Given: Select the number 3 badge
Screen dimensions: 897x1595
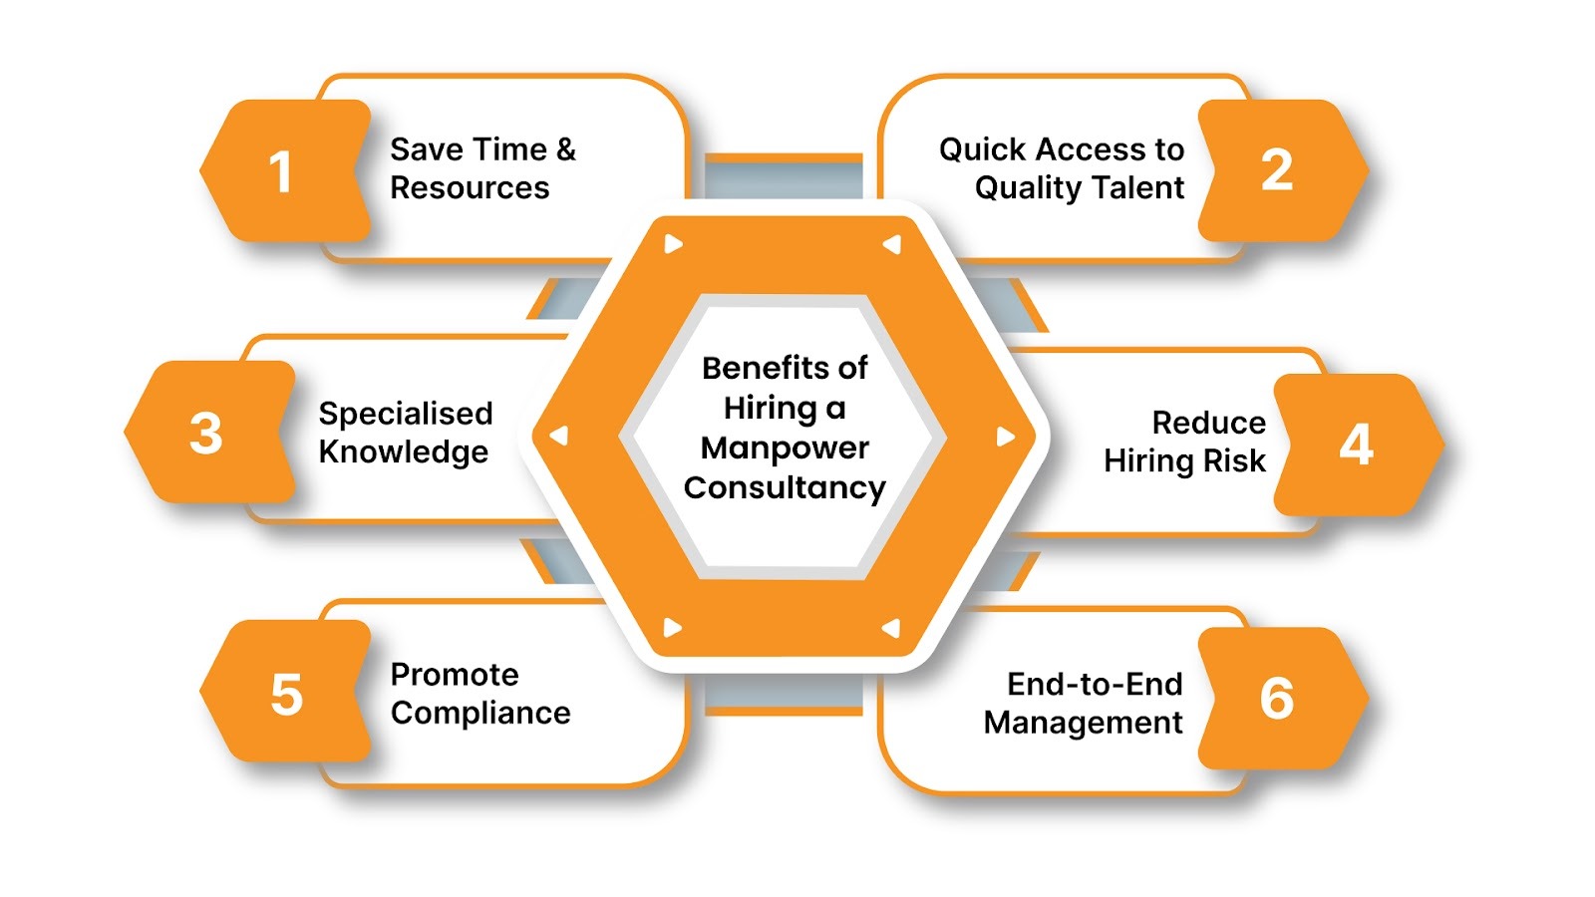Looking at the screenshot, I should pos(207,433).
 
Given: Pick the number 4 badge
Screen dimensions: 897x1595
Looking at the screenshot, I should pos(1356,445).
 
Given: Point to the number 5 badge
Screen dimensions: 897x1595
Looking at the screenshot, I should pos(286,695).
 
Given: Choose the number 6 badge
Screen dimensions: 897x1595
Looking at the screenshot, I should pos(1278,698).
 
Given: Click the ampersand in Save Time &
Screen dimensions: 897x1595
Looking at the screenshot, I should pos(566,149).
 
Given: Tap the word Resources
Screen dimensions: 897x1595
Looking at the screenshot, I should pos(470,188).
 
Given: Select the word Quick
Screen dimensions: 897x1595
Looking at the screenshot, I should pos(983,149).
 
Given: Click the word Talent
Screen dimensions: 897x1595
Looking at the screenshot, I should pos(1136,188).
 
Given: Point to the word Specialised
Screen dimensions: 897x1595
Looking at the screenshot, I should pos(406,414).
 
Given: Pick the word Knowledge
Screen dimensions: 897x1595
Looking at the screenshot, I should pos(404,452).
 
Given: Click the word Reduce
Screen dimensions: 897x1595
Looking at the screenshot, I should pos(1208,423).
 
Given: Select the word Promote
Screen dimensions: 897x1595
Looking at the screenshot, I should pos(455,675).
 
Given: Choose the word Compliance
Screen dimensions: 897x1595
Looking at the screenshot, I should pos(480,714).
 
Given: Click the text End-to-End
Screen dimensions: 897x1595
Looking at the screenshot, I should pos(1095,684).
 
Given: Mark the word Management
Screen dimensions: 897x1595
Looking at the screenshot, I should pos(1083,723).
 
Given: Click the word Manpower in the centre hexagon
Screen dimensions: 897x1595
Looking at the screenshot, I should pos(785,448).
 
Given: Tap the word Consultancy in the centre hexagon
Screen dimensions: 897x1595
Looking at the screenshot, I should pos(785,488).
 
